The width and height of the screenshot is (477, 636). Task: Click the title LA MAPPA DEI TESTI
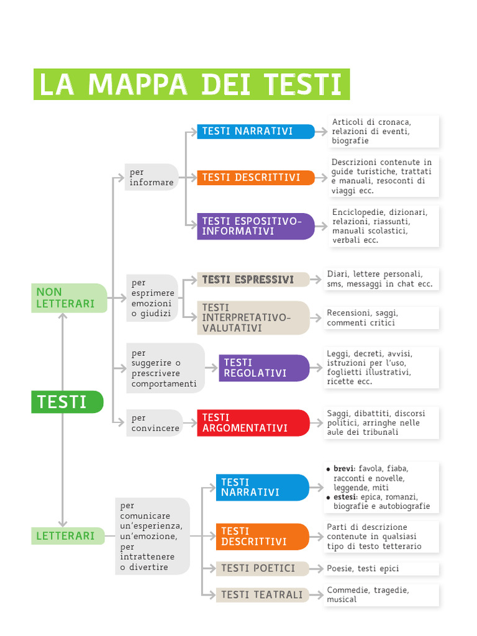click(x=191, y=84)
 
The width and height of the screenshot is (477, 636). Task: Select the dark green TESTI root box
click(x=67, y=402)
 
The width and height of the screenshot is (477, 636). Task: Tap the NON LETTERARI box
click(x=69, y=298)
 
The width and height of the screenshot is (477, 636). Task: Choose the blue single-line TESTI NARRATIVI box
click(x=255, y=131)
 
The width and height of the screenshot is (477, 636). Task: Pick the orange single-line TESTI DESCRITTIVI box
click(x=255, y=178)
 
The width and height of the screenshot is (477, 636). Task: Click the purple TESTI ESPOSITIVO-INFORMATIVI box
click(x=255, y=226)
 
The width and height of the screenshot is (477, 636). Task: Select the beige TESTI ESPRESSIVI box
click(x=253, y=279)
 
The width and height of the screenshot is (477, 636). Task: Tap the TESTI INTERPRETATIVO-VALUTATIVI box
click(x=253, y=317)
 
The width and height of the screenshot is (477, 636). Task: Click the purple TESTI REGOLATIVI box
click(x=264, y=368)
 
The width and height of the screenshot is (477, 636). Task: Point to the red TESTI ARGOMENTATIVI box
click(x=253, y=422)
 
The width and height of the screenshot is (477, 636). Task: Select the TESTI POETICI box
click(x=262, y=568)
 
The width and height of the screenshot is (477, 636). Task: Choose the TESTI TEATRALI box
click(x=262, y=595)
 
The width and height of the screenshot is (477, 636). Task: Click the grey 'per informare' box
click(x=152, y=177)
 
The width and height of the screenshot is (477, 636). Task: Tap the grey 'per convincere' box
click(x=155, y=423)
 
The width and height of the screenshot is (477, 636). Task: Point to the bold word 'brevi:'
click(x=344, y=468)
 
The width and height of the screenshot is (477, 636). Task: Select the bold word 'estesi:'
click(x=345, y=497)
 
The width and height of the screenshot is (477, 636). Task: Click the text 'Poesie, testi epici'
click(x=363, y=568)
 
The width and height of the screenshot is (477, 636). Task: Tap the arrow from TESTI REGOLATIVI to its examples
click(x=316, y=368)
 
